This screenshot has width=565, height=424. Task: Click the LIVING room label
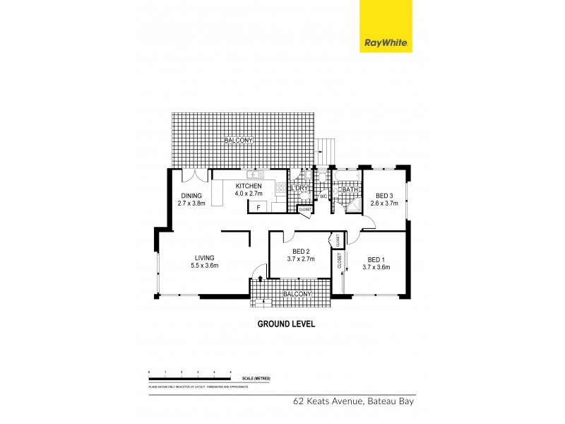coord(204,258)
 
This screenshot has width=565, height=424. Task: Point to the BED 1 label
coord(376,259)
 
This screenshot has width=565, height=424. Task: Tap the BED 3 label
coord(386,196)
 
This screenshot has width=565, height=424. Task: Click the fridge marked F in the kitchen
coord(258,207)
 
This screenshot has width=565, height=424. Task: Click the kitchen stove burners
coord(280,188)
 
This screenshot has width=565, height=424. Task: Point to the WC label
coord(323,196)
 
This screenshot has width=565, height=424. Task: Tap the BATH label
coord(349,189)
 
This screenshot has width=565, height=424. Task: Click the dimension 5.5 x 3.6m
coord(204,266)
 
